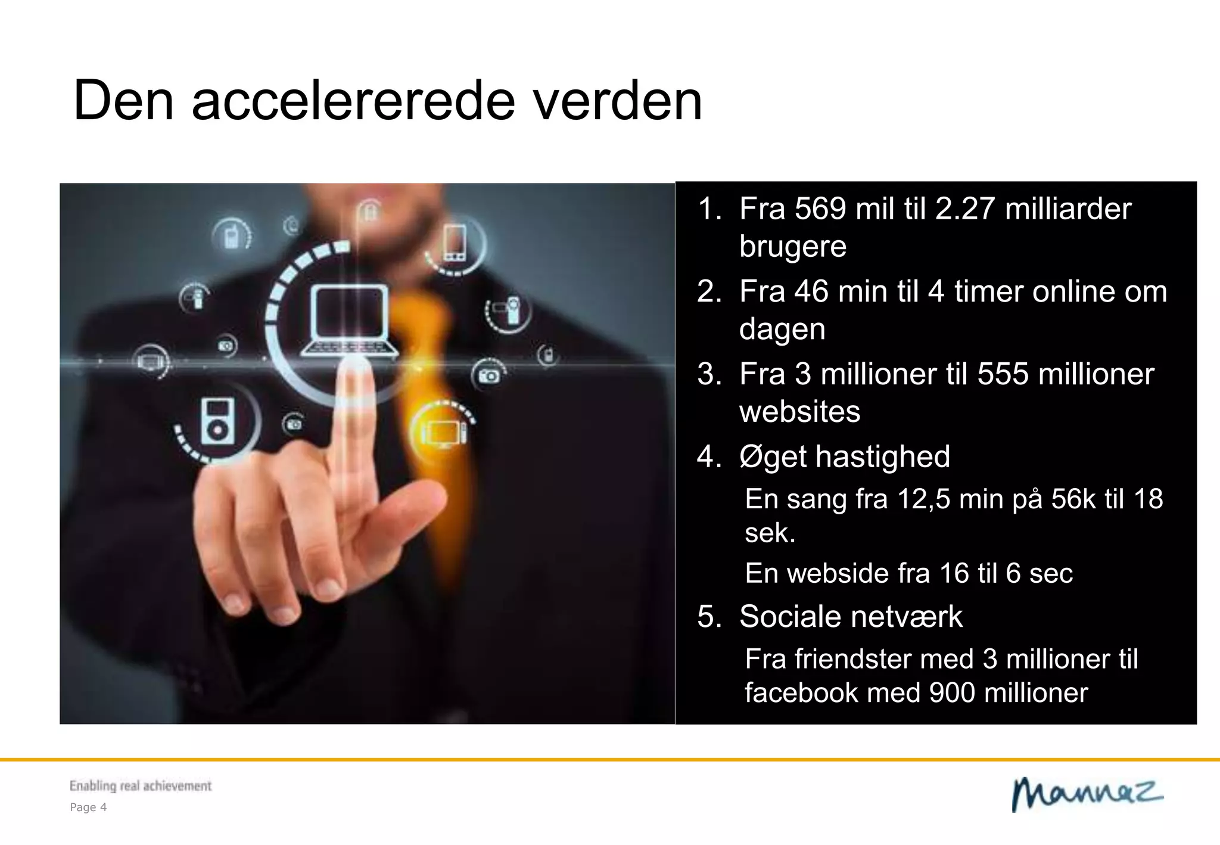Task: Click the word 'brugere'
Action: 792,246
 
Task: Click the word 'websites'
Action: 799,412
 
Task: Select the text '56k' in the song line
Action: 1073,499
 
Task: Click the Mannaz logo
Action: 1087,794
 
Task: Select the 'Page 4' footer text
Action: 88,807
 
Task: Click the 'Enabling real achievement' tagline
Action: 141,786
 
